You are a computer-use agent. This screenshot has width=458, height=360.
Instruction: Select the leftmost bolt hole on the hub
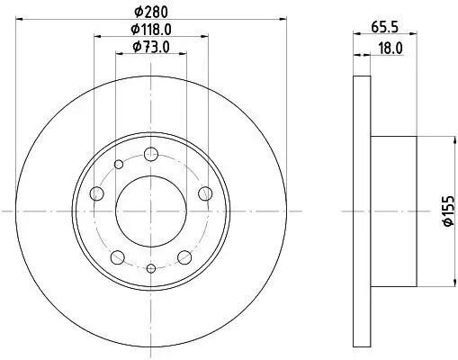95,192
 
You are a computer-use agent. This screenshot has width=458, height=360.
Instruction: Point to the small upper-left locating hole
119,165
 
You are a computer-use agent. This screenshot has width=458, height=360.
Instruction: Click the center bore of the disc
151,210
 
